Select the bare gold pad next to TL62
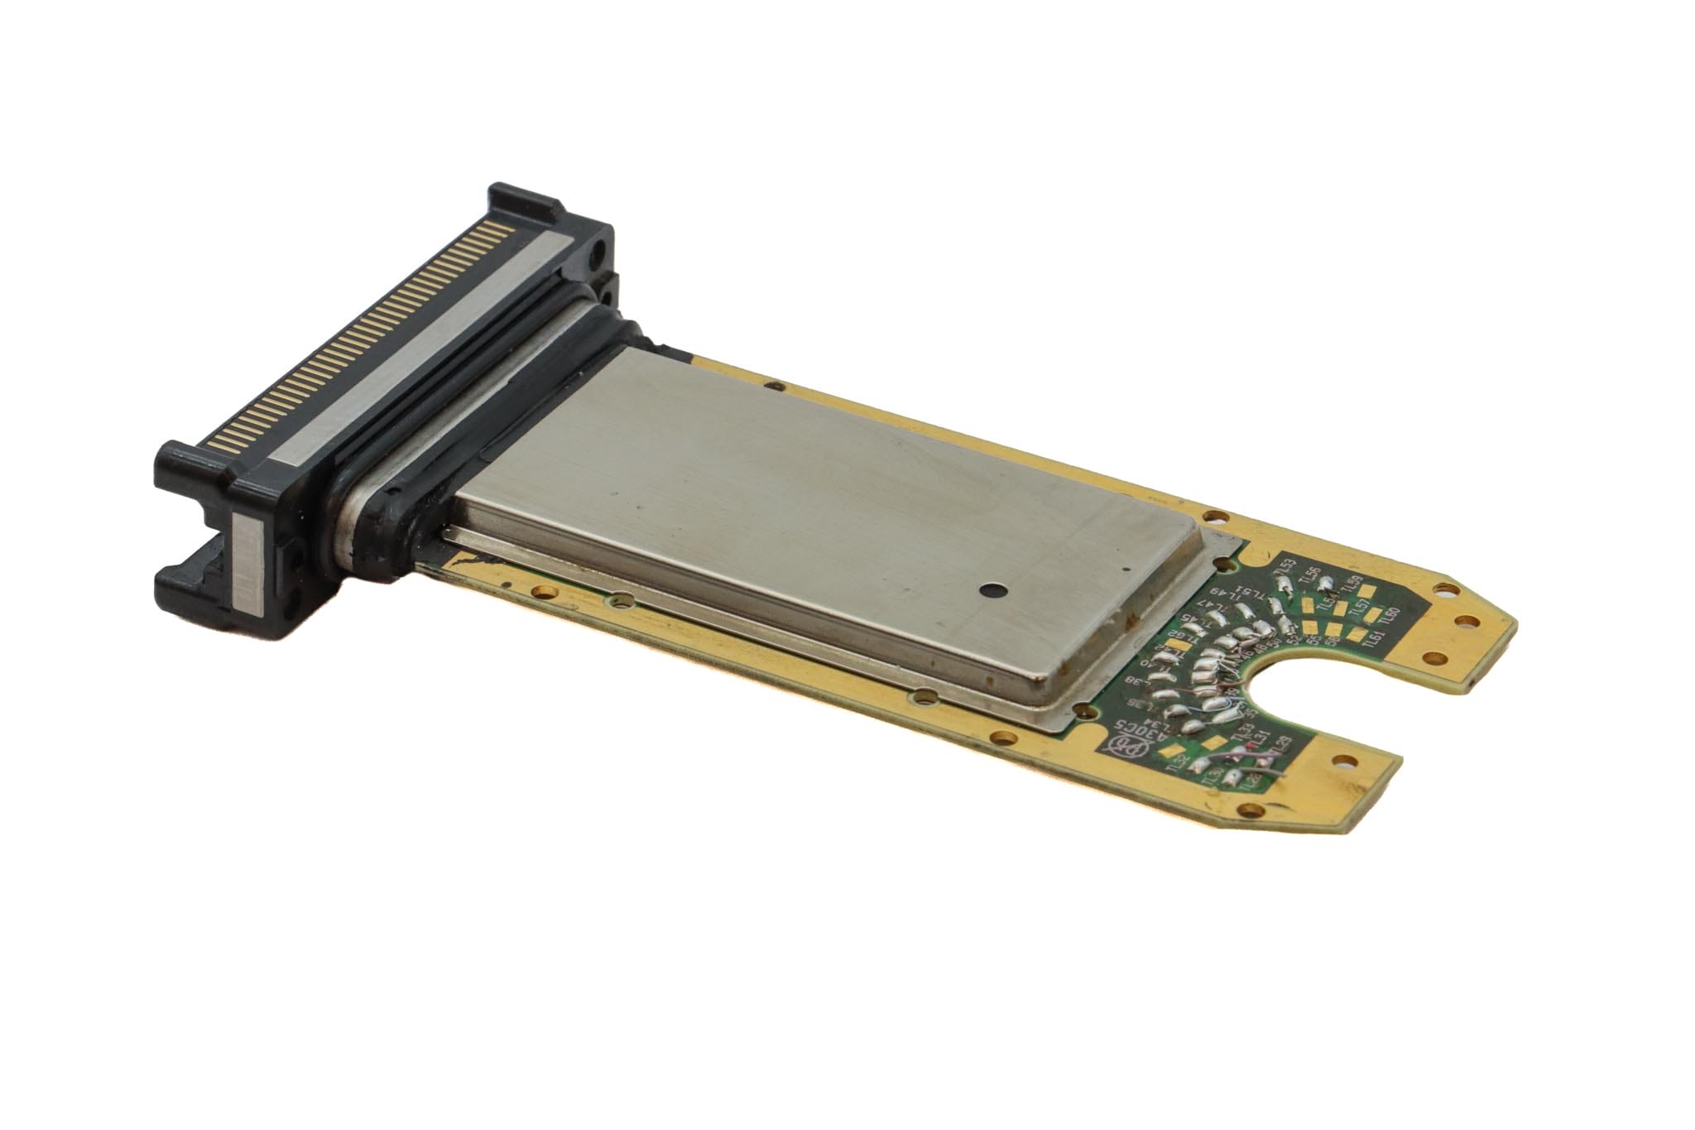[x=1175, y=656]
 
